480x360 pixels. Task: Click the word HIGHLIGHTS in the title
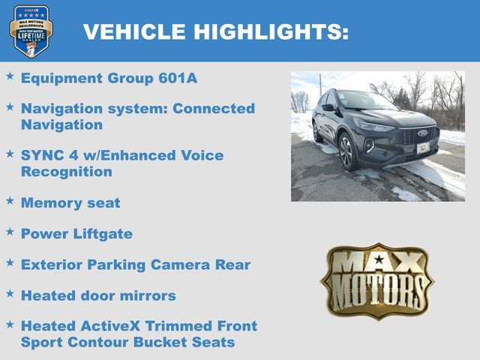271,31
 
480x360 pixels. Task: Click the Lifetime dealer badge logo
31,31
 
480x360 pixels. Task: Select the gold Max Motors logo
377,280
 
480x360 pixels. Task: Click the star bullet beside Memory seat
10,201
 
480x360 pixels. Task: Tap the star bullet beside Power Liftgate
10,232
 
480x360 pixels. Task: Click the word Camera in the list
187,265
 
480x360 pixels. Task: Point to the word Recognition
67,171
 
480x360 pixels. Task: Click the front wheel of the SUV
347,152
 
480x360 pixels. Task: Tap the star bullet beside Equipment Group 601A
10,76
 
